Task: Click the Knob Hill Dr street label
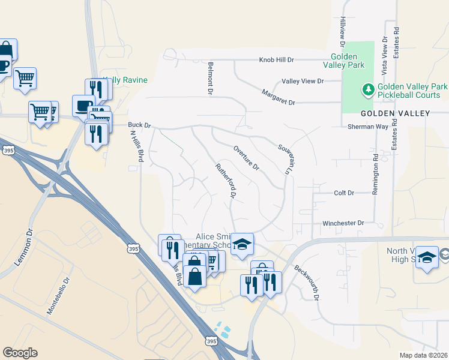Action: coord(277,60)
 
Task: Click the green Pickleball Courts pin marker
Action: coord(367,91)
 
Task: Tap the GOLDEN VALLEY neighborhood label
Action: coord(395,113)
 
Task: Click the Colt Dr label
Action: coord(344,193)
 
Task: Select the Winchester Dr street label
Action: coord(344,223)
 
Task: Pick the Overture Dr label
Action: coord(246,157)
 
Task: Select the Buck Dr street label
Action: coord(139,125)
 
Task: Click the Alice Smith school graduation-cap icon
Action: coord(242,244)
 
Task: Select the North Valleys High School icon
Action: coord(427,257)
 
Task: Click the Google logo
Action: coord(20,353)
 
